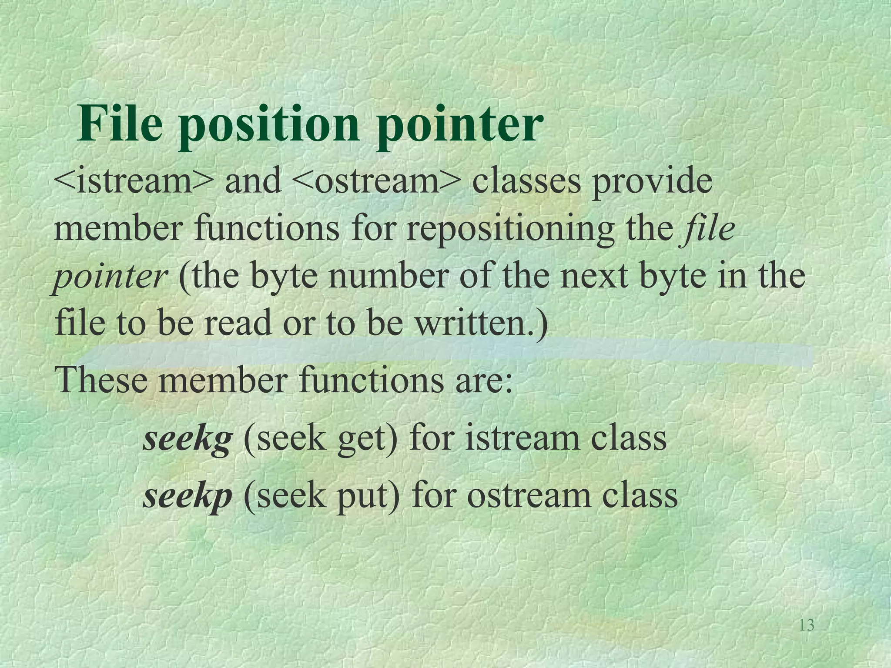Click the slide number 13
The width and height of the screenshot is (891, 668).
[x=807, y=625]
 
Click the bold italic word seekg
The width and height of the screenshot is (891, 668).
[x=187, y=438]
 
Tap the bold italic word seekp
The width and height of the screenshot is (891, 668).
[x=187, y=496]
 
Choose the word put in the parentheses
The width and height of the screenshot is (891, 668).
[x=365, y=497]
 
